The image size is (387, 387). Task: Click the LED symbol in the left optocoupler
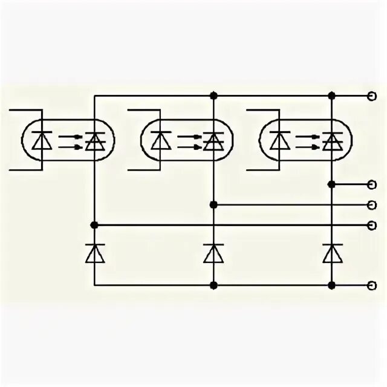[x=42, y=140]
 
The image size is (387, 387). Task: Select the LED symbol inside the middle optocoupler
[x=160, y=140]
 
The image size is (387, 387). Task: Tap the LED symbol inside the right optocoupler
[x=279, y=140]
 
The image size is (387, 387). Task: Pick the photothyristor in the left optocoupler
[x=94, y=140]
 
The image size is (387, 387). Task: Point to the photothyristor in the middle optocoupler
[x=213, y=140]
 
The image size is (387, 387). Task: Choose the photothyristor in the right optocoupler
[x=331, y=140]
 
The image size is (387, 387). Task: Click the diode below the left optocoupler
[x=94, y=253]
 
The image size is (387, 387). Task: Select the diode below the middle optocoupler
[x=213, y=253]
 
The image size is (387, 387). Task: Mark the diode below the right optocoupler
[x=331, y=253]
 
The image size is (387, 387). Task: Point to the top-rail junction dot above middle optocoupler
[x=213, y=96]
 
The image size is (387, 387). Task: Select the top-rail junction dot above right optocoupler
[x=331, y=96]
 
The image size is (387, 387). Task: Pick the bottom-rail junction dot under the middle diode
[x=213, y=285]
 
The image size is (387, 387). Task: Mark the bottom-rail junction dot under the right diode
[x=331, y=285]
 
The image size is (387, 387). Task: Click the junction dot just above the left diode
[x=94, y=225]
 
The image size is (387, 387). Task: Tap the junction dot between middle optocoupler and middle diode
[x=213, y=204]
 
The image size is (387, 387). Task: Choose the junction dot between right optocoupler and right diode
[x=331, y=184]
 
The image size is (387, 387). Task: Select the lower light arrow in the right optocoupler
[x=307, y=146]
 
